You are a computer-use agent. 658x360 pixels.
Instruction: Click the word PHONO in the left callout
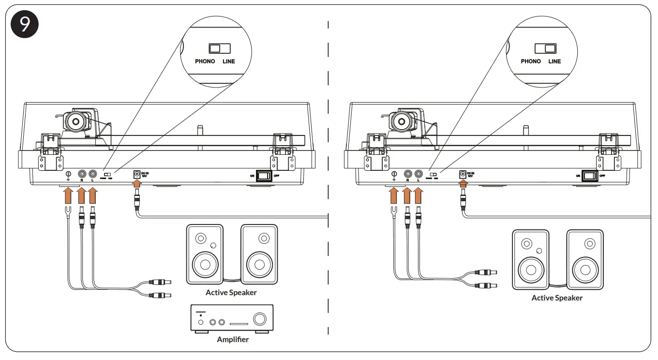point(205,61)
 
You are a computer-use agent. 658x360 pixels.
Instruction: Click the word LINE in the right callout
point(554,61)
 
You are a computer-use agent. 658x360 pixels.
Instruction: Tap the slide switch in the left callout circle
point(219,48)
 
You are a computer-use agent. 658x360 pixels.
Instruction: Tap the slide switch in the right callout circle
point(545,48)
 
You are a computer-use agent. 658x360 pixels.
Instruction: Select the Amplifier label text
point(233,340)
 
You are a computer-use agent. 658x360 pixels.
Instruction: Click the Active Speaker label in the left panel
point(231,293)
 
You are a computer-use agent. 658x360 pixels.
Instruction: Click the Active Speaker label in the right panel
point(557,298)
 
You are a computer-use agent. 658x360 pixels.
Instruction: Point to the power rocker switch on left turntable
point(264,176)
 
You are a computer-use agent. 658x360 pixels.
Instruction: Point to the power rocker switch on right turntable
point(589,176)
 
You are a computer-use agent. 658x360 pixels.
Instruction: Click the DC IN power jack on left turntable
point(137,174)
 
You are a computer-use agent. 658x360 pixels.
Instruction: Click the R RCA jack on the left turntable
point(82,174)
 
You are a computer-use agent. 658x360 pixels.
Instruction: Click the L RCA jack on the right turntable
point(418,174)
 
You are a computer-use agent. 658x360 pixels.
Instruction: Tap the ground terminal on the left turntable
point(68,174)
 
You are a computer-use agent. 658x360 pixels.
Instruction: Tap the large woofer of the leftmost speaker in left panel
point(205,264)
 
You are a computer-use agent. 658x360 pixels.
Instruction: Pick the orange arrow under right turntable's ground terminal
point(394,195)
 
